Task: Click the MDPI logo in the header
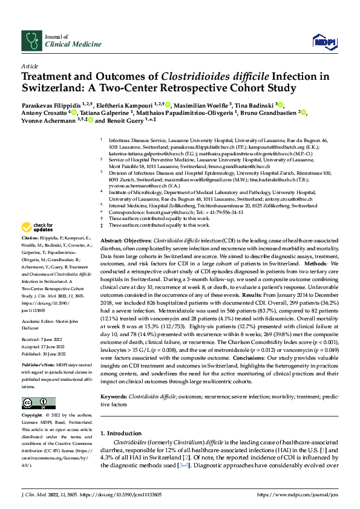[324, 40]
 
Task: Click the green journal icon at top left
[31, 40]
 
